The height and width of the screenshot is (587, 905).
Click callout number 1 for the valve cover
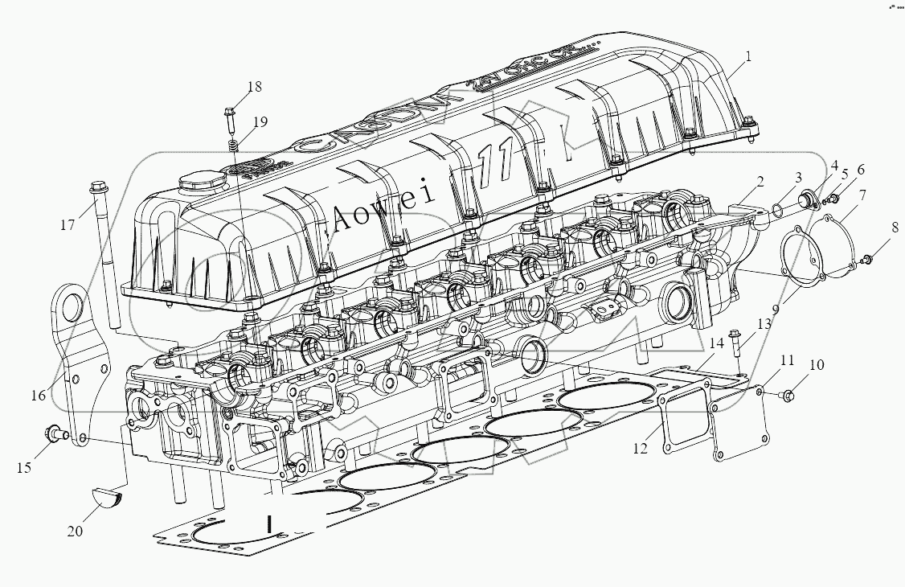(x=747, y=56)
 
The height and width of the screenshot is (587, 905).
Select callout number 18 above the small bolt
(x=255, y=87)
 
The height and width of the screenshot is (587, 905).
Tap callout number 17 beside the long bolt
(x=67, y=226)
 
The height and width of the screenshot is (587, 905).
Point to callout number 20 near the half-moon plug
(x=74, y=532)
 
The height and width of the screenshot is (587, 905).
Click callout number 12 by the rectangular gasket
(x=640, y=449)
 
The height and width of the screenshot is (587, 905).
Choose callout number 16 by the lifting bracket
(x=39, y=395)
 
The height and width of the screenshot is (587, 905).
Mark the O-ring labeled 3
(x=779, y=211)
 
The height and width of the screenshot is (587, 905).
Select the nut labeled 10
(x=788, y=394)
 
